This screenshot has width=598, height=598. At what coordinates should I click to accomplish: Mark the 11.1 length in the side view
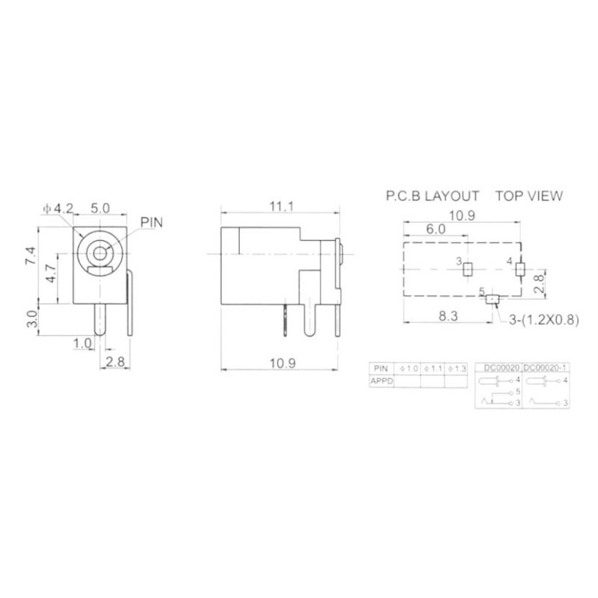point(281,206)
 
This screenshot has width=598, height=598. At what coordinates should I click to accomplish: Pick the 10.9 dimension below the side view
point(281,363)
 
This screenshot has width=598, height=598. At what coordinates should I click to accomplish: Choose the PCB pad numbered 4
point(521,268)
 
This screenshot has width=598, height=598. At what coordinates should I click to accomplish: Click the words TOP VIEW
point(529,197)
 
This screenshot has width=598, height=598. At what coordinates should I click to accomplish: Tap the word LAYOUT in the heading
point(452,197)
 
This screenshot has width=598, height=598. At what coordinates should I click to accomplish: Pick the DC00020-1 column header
point(545,367)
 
